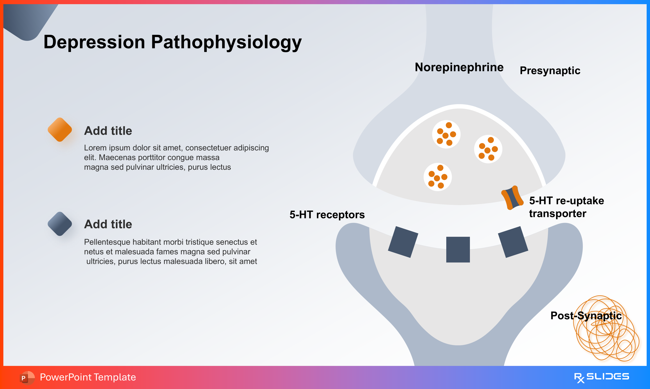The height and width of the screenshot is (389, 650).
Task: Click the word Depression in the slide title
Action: click(x=94, y=42)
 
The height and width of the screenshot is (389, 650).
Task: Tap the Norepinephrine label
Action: click(x=459, y=67)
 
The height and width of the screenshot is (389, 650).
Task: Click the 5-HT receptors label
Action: click(x=327, y=215)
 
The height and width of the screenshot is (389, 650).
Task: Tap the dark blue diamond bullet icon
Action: click(x=60, y=224)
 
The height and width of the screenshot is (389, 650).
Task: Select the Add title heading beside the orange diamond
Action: click(x=108, y=131)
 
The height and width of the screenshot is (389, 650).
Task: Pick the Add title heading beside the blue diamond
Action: click(x=108, y=224)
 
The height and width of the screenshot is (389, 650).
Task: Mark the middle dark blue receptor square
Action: click(x=458, y=250)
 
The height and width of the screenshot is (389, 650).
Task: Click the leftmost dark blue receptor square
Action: click(x=403, y=242)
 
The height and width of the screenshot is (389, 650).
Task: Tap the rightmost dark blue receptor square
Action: click(x=513, y=242)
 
